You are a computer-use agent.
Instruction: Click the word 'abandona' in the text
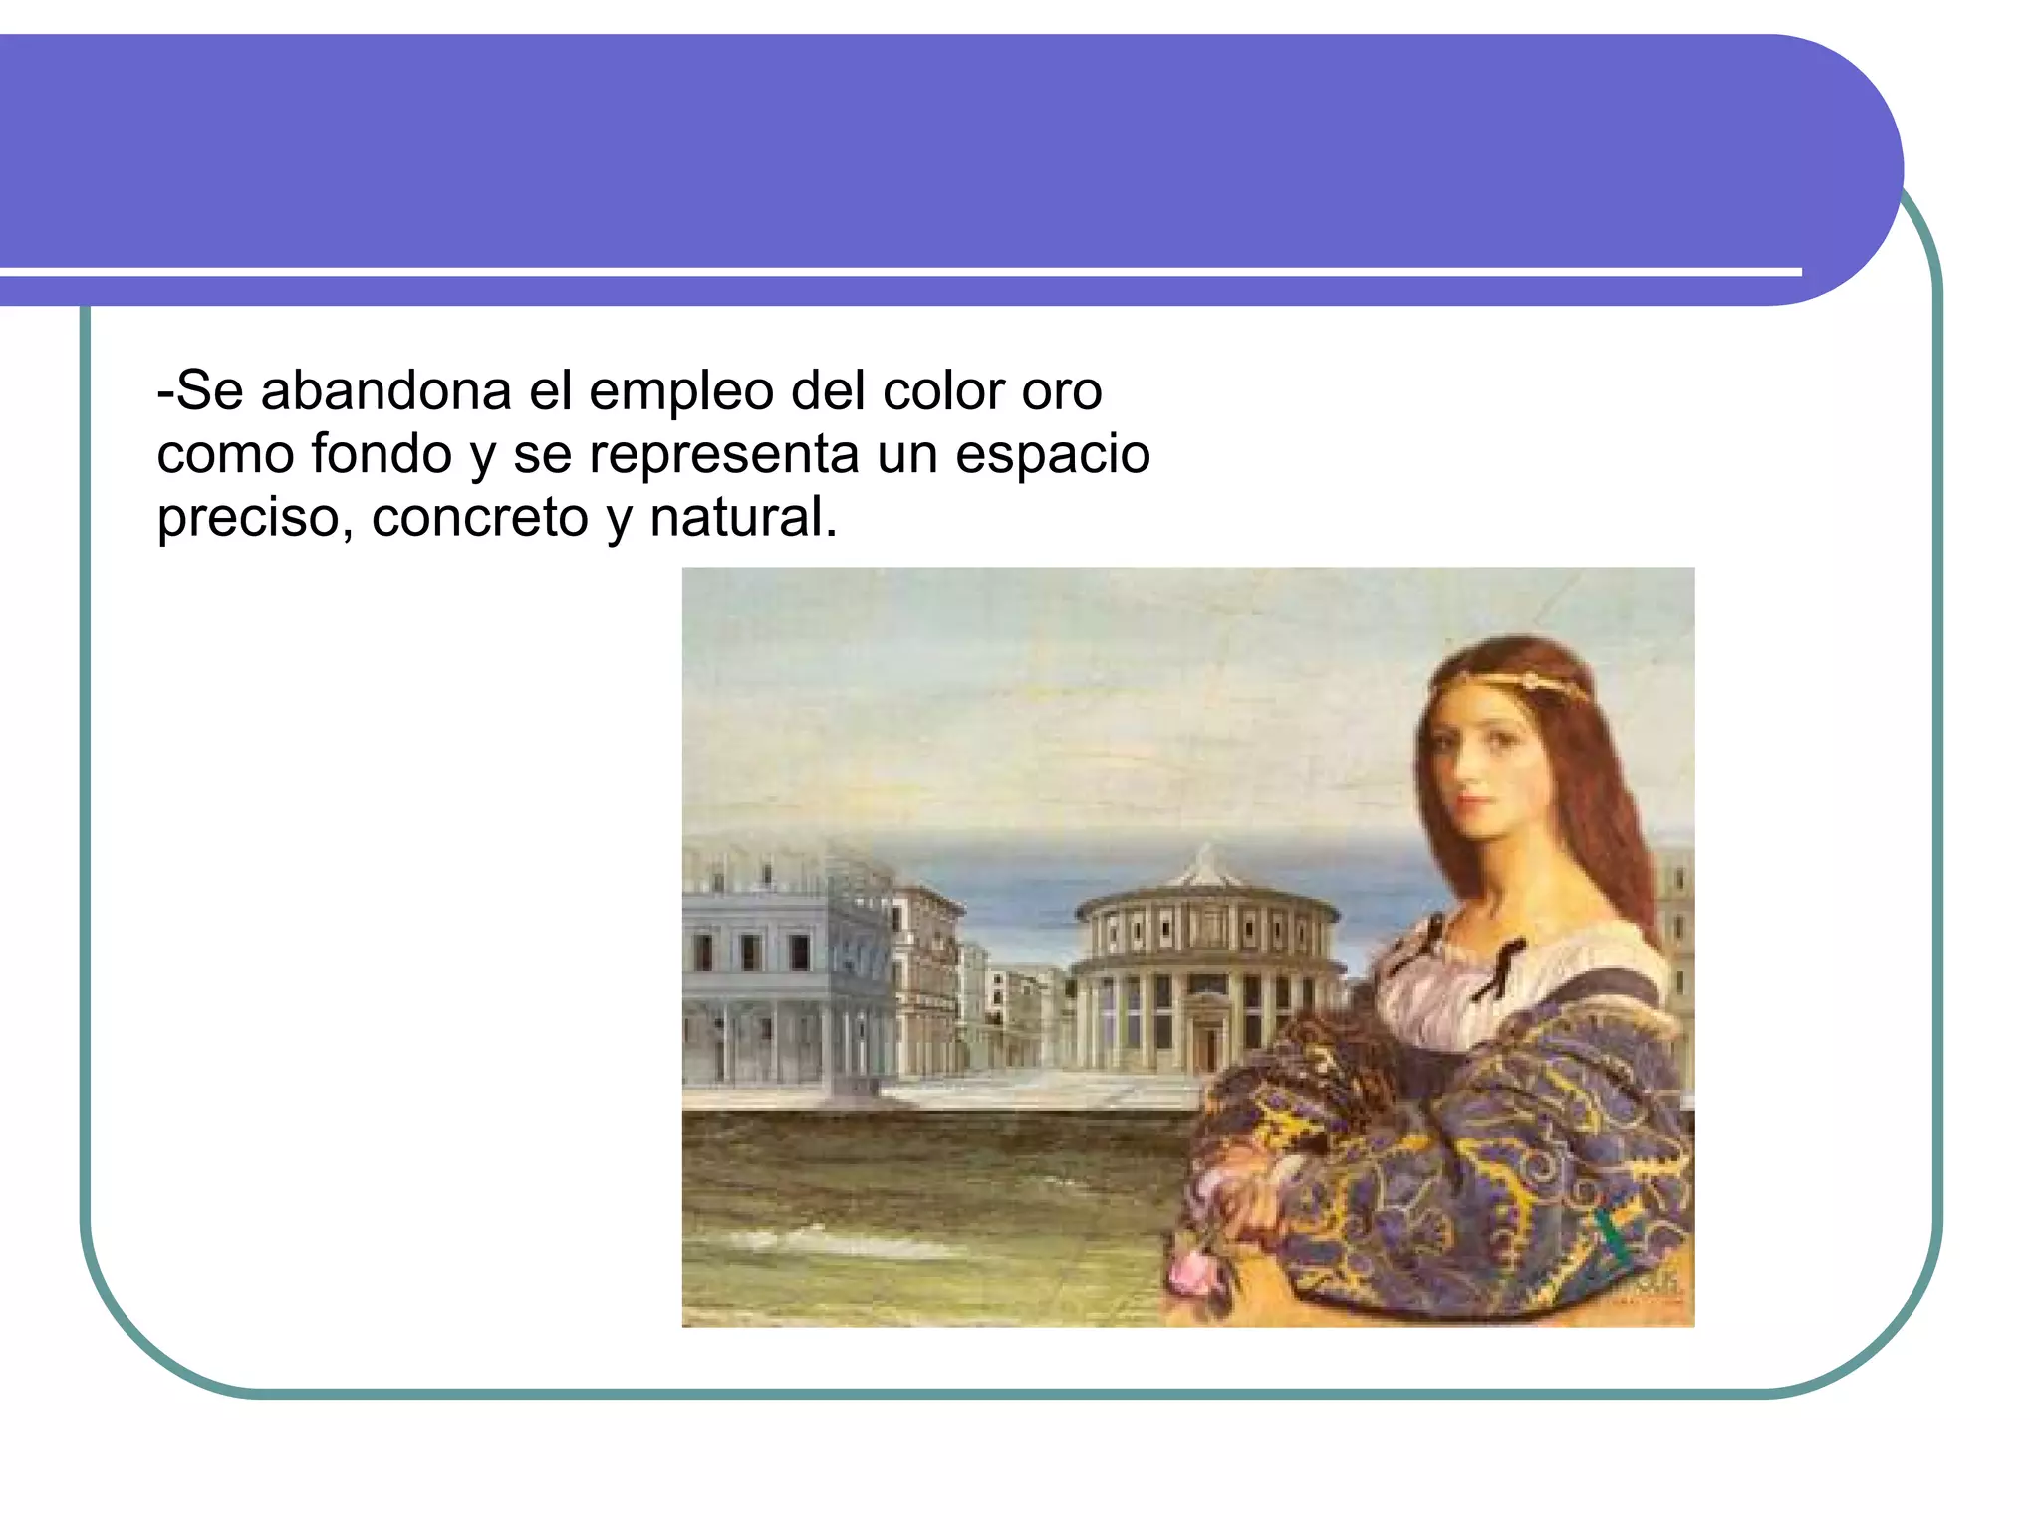[x=385, y=390]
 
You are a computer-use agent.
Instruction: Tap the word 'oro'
[x=1062, y=390]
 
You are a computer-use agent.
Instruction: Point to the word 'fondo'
[x=382, y=454]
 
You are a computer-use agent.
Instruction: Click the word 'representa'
[x=723, y=454]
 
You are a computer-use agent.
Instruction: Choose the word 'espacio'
[x=1052, y=456]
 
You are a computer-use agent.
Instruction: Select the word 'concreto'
[x=479, y=518]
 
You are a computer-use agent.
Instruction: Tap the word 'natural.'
[x=743, y=518]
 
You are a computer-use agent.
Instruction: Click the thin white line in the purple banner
[x=896, y=271]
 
